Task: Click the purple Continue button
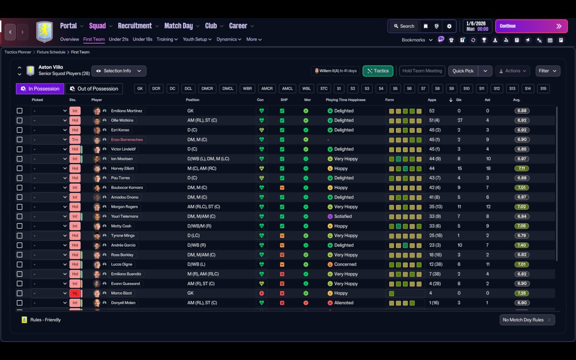[x=531, y=26]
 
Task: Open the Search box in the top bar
[x=404, y=26]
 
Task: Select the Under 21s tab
[x=118, y=39]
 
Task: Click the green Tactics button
[x=378, y=71]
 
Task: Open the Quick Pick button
[x=463, y=71]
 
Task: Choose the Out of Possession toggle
[x=94, y=89]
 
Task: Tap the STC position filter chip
[x=324, y=89]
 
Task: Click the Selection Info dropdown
[x=119, y=71]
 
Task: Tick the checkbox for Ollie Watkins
[x=19, y=120]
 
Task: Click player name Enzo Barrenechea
[x=127, y=139]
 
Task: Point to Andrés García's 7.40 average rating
[x=522, y=245]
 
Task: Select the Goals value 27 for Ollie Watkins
[x=460, y=120]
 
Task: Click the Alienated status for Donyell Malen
[x=343, y=303]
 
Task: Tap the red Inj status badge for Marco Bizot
[x=75, y=293]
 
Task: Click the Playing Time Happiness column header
[x=345, y=100]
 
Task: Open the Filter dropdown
[x=548, y=71]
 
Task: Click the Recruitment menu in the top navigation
[x=135, y=26]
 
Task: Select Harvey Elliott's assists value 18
[x=488, y=168]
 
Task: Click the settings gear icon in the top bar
[x=449, y=26]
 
